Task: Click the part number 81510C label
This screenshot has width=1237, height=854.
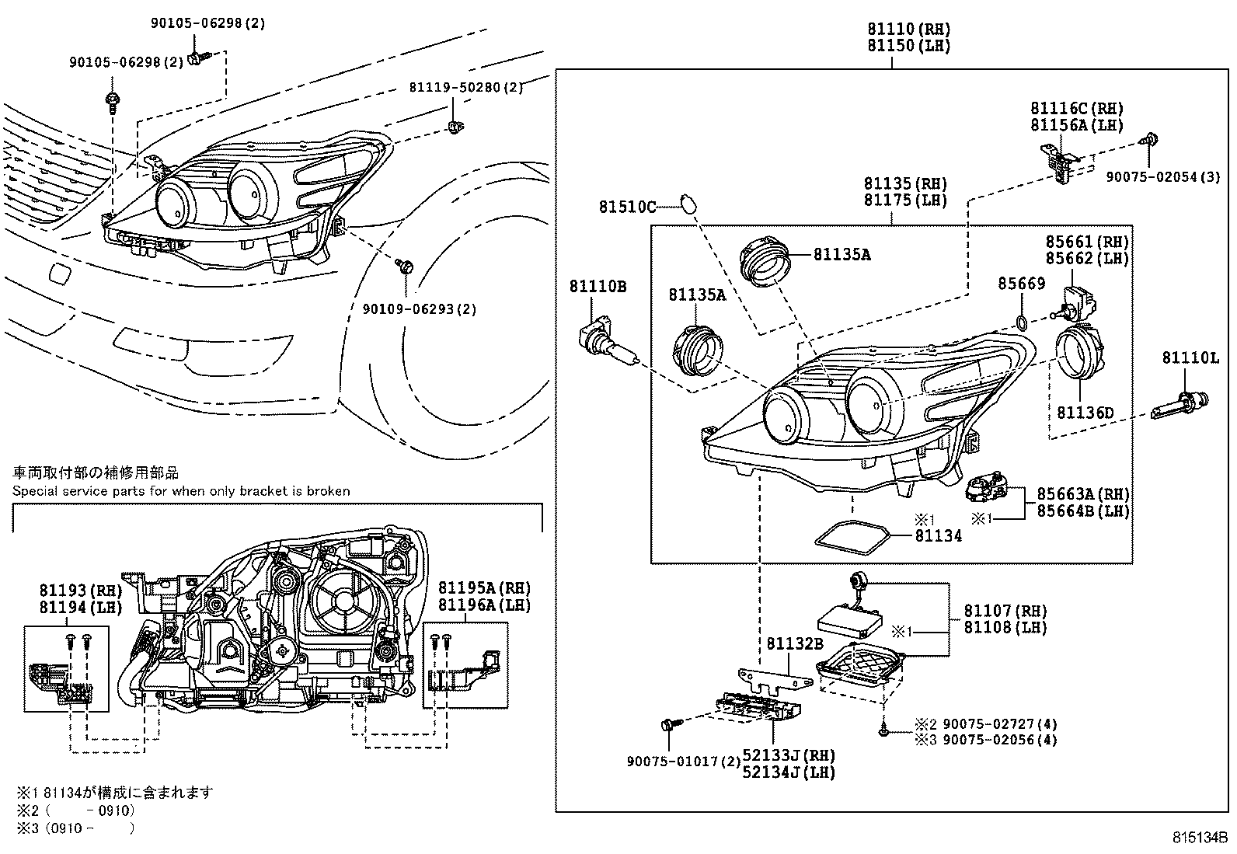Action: coord(627,207)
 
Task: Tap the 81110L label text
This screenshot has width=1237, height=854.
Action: coord(1190,357)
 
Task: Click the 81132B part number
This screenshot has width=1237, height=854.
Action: coord(794,643)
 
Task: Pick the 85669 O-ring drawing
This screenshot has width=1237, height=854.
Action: coord(1023,322)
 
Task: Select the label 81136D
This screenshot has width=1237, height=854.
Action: coord(1085,413)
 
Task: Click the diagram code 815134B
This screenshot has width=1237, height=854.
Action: coord(1200,838)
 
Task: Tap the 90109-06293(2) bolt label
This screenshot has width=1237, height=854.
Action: coord(420,309)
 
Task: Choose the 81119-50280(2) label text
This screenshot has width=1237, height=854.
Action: coord(466,88)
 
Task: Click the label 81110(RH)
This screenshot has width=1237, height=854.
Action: coord(909,30)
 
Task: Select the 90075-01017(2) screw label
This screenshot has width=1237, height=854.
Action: coord(684,762)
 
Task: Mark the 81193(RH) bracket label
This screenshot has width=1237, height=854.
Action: coord(81,591)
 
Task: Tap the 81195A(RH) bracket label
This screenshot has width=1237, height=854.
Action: coord(484,587)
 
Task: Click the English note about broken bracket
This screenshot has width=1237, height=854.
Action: coord(181,491)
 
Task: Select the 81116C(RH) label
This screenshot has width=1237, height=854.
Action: coord(1077,109)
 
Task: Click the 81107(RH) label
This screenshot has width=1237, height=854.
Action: coord(1005,611)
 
